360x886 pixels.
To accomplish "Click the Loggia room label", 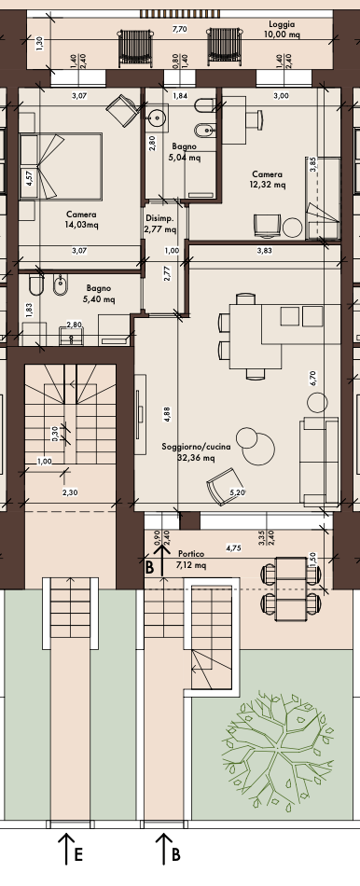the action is (282, 24).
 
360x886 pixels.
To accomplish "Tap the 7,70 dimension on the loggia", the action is (180, 29).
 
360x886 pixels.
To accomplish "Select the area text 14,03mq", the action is (81, 225).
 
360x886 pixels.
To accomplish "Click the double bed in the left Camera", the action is (61, 166).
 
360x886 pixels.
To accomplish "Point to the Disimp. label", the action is (159, 218).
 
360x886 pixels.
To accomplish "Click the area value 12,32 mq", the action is (268, 185).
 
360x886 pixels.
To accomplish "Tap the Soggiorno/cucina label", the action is (196, 447).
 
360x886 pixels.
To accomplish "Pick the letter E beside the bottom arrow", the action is (78, 854).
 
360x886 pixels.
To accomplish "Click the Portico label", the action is (191, 554).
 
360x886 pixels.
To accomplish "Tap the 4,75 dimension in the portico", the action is (233, 547).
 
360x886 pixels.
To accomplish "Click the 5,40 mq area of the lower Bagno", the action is (99, 299).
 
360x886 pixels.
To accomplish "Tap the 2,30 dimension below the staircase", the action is (70, 492).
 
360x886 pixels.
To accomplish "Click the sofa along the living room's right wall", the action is (319, 462).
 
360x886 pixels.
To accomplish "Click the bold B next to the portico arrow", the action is (149, 568).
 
